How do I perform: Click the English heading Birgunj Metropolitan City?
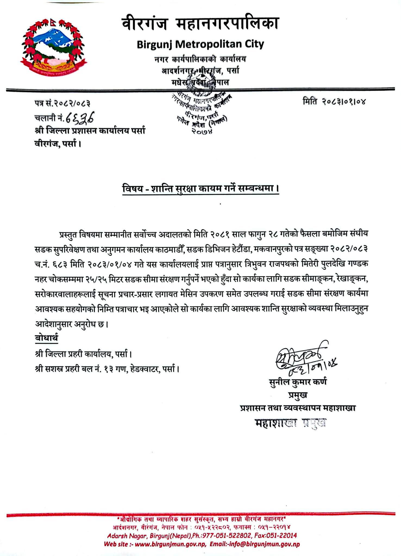tap(200, 44)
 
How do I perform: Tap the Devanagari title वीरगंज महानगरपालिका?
tap(200, 24)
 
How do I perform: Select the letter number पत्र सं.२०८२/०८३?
tap(62, 103)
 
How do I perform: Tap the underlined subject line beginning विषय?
tap(200, 188)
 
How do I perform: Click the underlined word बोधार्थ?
tap(46, 338)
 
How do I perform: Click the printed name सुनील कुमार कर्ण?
tap(298, 382)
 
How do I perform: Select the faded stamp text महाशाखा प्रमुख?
tap(290, 423)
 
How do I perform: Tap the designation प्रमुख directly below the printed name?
tap(298, 395)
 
